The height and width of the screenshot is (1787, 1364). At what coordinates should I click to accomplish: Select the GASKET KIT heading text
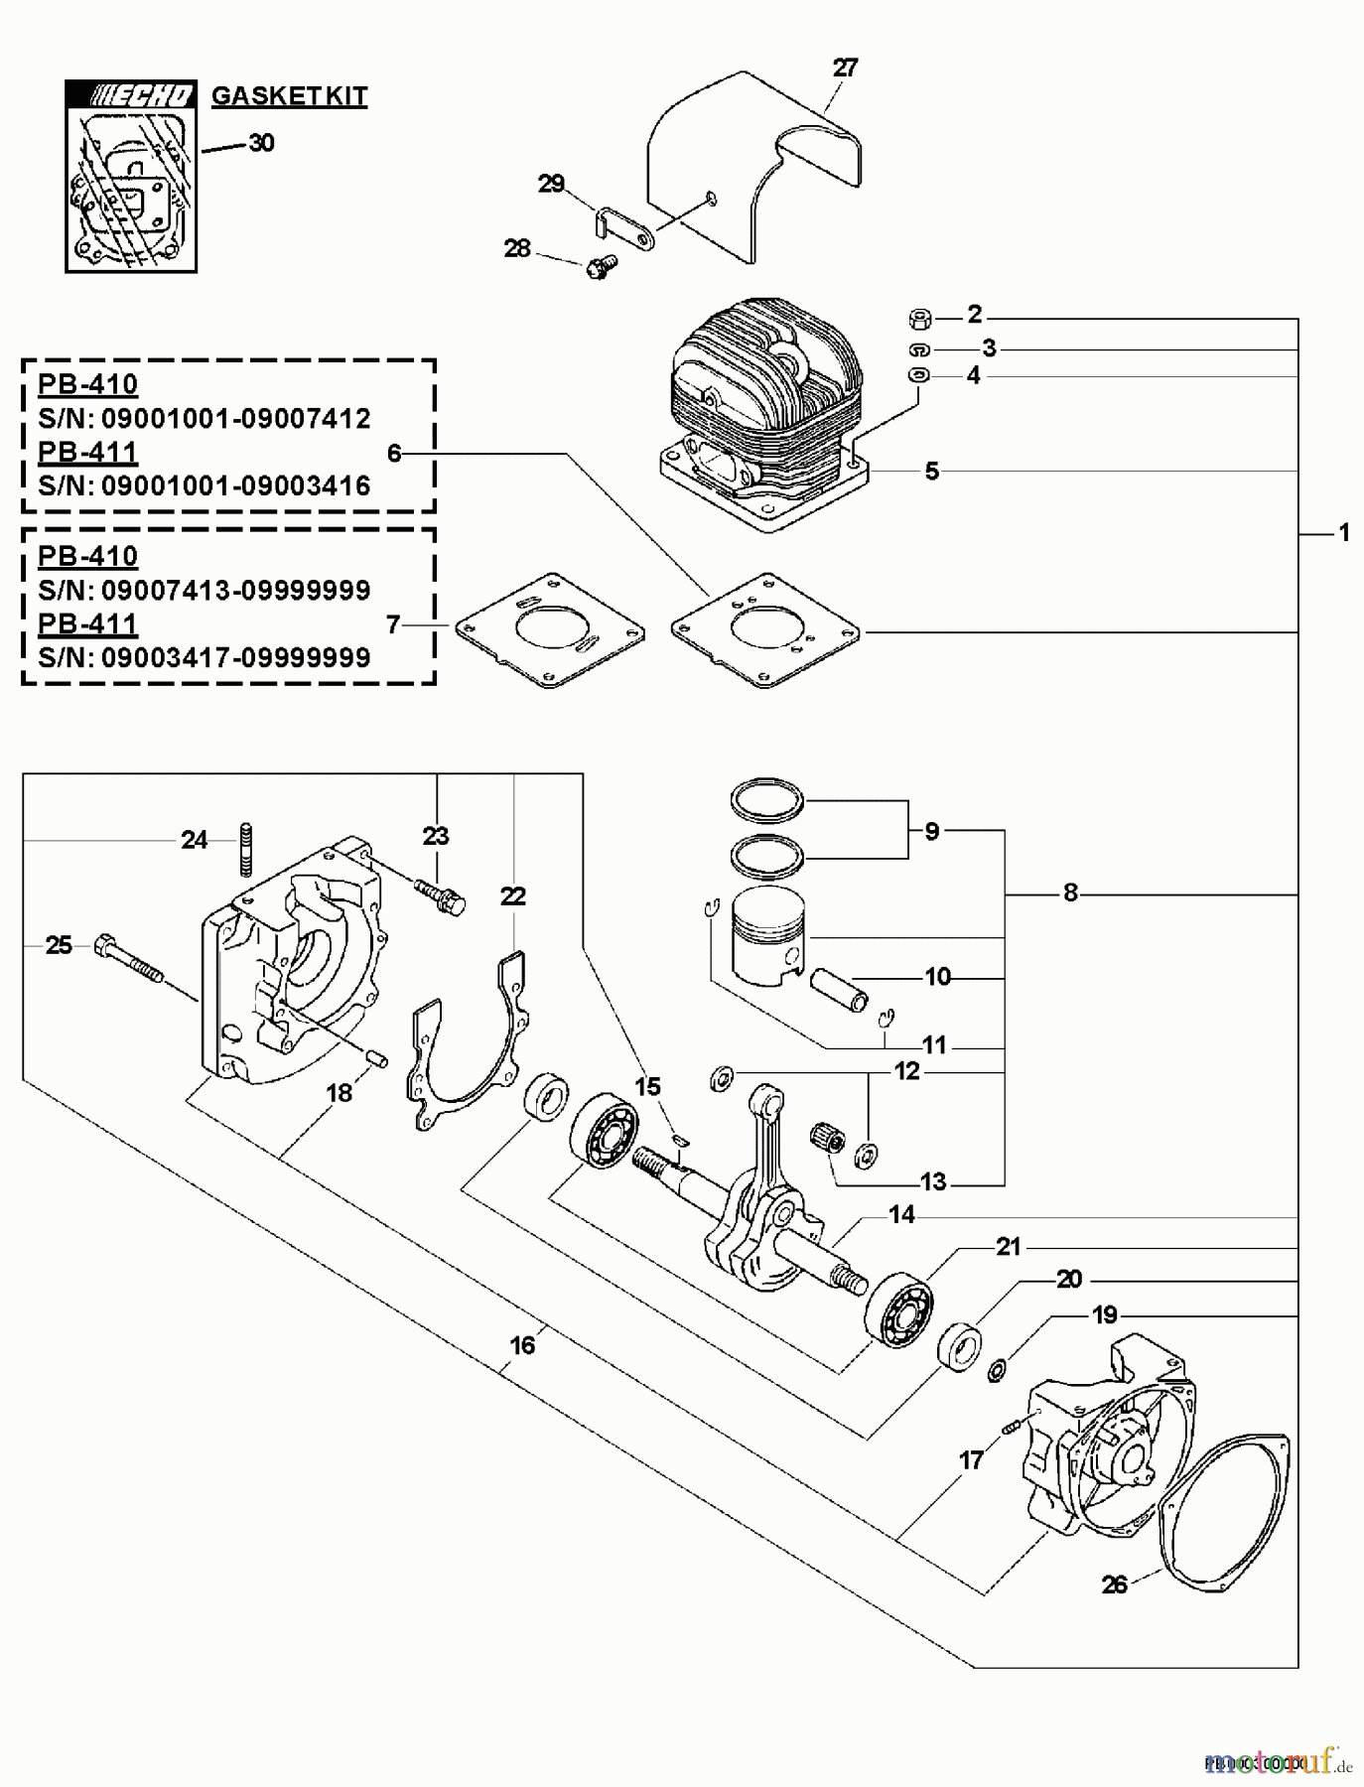coord(289,96)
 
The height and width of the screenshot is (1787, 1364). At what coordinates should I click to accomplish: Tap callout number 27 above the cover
coord(845,68)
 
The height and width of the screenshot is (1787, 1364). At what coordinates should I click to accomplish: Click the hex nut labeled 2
coord(919,319)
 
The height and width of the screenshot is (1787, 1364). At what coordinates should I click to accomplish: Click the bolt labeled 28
coord(602,265)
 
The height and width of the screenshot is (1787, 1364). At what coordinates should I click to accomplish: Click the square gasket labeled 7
coord(549,630)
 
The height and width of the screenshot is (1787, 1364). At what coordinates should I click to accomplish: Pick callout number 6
coord(394,454)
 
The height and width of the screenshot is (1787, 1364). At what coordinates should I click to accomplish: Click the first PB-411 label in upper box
coord(87,452)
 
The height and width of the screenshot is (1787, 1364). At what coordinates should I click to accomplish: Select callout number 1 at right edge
coord(1343,533)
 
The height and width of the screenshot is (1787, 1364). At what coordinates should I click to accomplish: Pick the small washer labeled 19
coord(997,1372)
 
